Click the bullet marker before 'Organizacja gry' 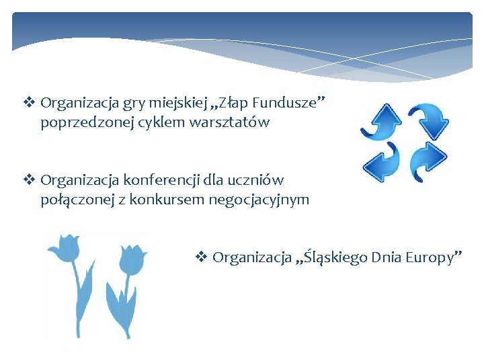(29, 103)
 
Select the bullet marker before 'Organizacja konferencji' (29, 180)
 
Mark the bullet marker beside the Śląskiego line (201, 257)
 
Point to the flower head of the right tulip (132, 259)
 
